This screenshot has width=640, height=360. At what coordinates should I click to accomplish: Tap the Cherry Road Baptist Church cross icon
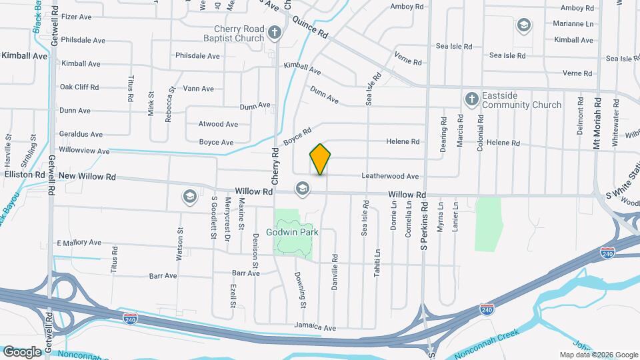click(274, 32)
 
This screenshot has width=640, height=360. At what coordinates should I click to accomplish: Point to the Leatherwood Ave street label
click(390, 177)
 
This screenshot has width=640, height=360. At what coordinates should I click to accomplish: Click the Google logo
click(22, 351)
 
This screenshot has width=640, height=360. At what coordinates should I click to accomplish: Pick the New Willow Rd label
click(87, 177)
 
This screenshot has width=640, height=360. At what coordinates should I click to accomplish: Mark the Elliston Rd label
click(24, 175)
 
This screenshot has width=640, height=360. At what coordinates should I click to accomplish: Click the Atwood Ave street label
click(218, 124)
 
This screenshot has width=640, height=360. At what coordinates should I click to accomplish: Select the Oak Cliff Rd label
click(79, 87)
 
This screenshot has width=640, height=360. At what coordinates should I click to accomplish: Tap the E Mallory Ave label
click(78, 243)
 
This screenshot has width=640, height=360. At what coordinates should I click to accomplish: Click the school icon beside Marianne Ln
click(523, 25)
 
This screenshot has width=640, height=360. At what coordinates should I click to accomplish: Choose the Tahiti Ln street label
click(377, 263)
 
